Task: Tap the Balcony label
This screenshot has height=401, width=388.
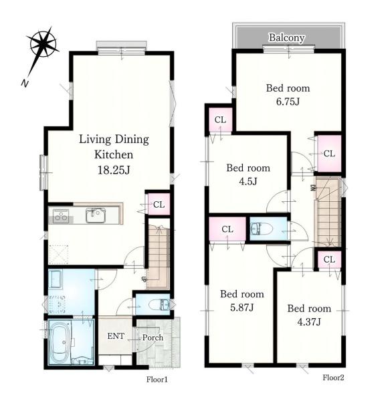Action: pyautogui.click(x=286, y=37)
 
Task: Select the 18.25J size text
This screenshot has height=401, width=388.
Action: pyautogui.click(x=114, y=170)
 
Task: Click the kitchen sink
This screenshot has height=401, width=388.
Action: pyautogui.click(x=96, y=215)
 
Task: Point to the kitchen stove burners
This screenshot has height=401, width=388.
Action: pyautogui.click(x=61, y=216)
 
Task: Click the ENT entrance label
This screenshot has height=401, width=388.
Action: pyautogui.click(x=116, y=336)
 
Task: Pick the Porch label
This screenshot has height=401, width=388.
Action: pyautogui.click(x=153, y=338)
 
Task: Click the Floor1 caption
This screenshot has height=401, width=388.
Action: pyautogui.click(x=157, y=380)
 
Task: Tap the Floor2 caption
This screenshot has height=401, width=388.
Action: pyautogui.click(x=333, y=378)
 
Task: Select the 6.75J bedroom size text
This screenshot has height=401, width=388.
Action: pyautogui.click(x=288, y=102)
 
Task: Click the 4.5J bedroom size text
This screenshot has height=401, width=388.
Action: pyautogui.click(x=248, y=182)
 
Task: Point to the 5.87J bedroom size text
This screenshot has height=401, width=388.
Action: pyautogui.click(x=242, y=307)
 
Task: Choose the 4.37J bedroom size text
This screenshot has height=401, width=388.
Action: pyautogui.click(x=309, y=322)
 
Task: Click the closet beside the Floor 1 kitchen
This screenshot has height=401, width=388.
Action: pyautogui.click(x=159, y=204)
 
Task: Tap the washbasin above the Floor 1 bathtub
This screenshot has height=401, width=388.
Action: pyautogui.click(x=56, y=279)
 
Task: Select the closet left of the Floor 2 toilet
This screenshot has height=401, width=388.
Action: pyautogui.click(x=227, y=229)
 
